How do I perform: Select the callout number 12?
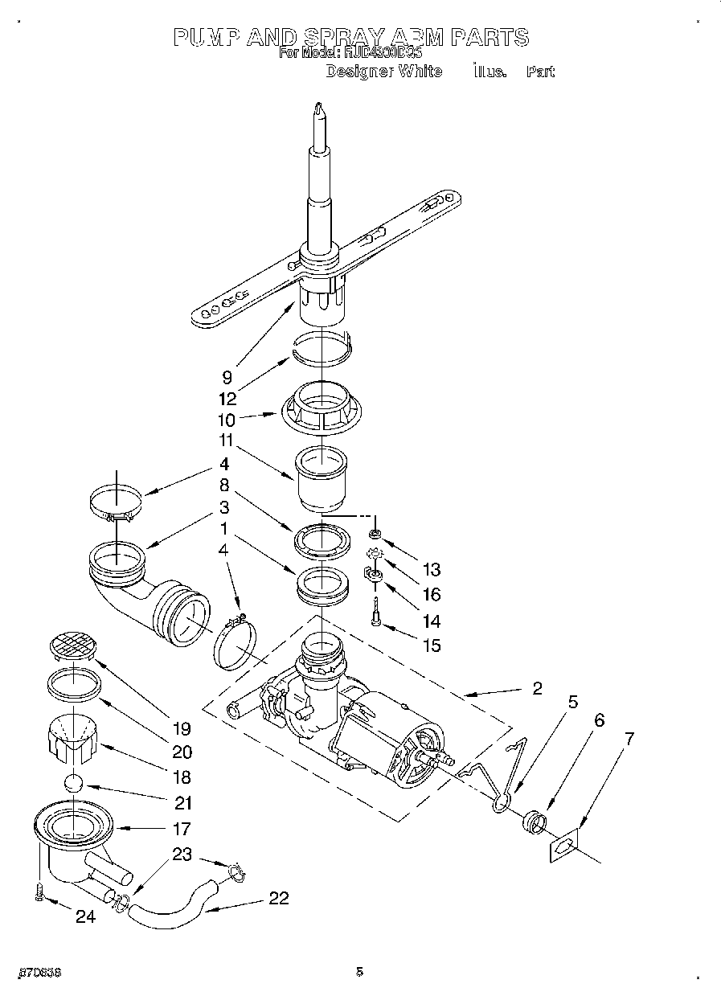227,397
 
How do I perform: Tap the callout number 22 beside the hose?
278,899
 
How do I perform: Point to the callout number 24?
85,916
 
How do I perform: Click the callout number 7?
629,739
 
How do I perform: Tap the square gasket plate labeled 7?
564,846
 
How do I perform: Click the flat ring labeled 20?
72,685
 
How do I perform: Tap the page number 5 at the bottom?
360,972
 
